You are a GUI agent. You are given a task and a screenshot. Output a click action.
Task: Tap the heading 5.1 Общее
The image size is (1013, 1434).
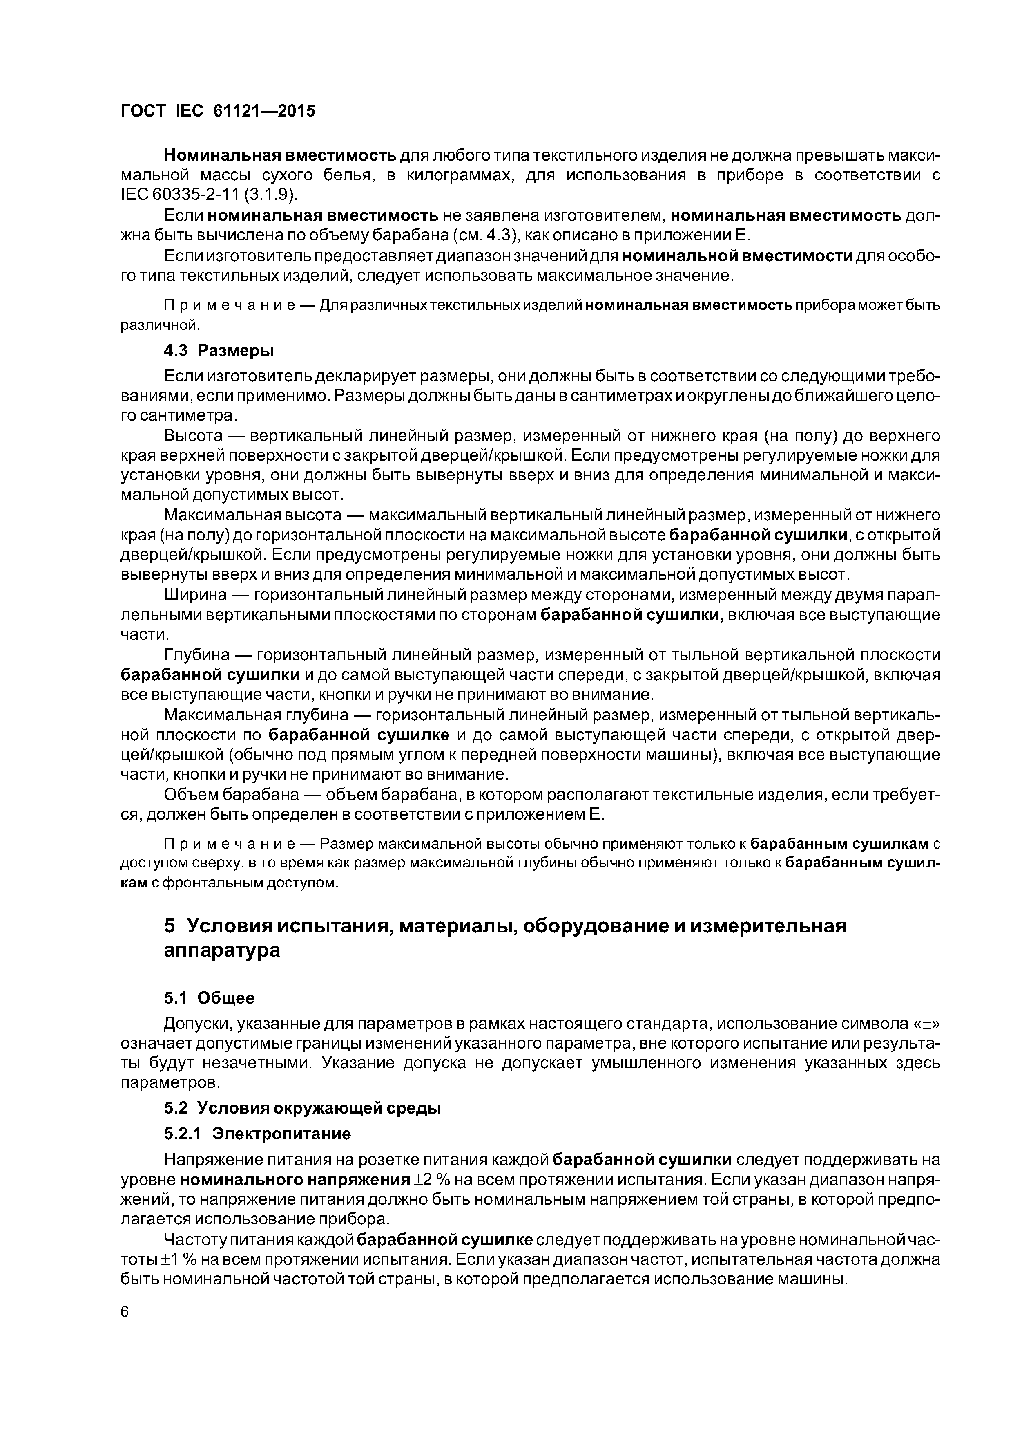pyautogui.click(x=209, y=998)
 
